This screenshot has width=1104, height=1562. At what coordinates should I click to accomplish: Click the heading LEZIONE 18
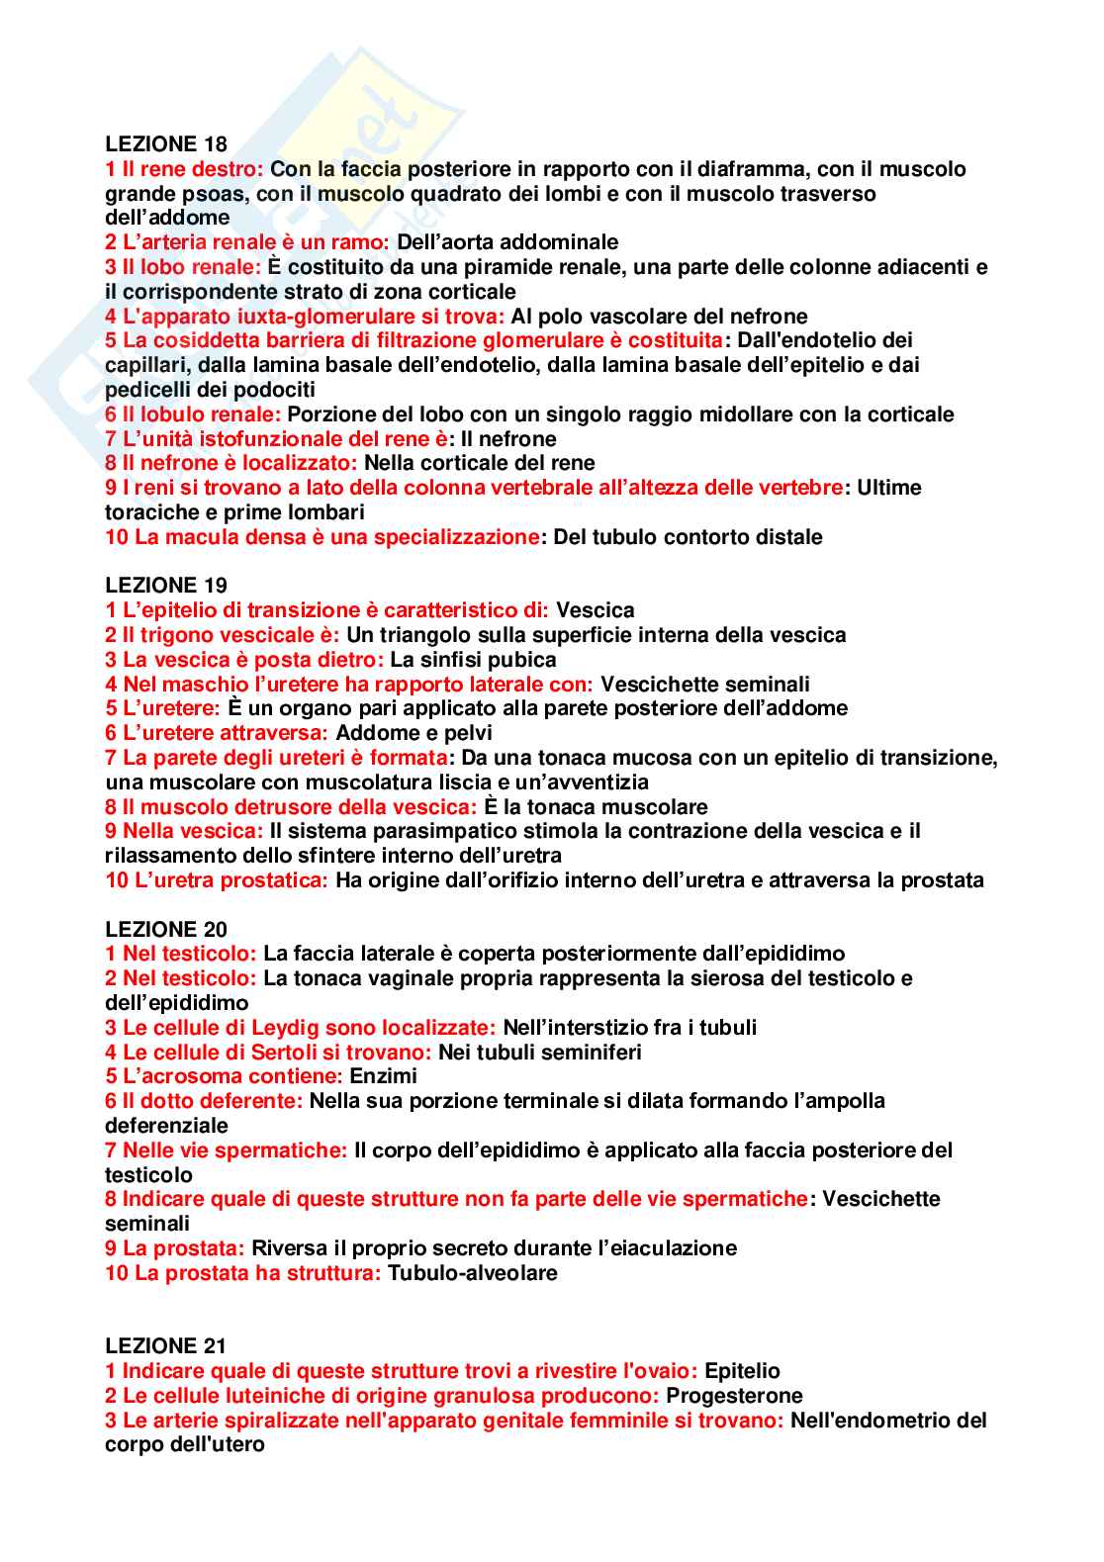coord(165,144)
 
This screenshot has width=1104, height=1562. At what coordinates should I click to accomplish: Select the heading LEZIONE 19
coord(165,586)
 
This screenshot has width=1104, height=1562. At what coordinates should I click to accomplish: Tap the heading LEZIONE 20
coord(165,929)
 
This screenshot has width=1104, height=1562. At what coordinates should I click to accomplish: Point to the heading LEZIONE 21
coord(165,1346)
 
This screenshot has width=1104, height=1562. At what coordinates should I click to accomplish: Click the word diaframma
coord(756,169)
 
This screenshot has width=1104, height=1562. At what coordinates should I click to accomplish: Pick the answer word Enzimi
coord(384,1076)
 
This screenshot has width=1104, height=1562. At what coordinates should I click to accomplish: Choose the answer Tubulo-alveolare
coord(473,1273)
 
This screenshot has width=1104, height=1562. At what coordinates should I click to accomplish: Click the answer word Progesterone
coord(734,1396)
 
